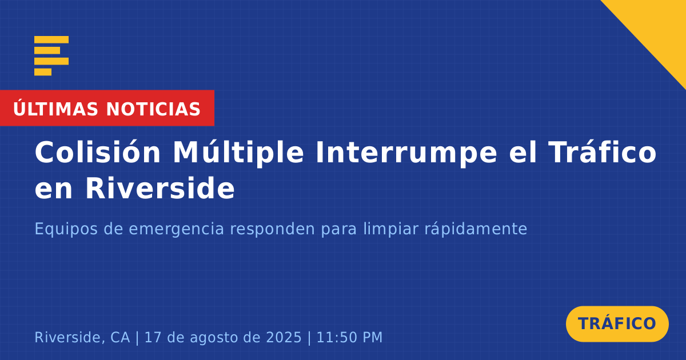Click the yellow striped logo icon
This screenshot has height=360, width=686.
(51, 56)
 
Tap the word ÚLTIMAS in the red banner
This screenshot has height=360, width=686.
(56, 109)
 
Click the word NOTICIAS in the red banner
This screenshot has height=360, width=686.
(153, 109)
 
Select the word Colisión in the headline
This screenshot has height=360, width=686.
(98, 152)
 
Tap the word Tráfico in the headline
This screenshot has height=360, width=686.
(602, 152)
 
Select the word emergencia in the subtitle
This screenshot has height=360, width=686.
(177, 229)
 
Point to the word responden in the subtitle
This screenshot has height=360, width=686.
(273, 229)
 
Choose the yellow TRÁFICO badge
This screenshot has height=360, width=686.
(617, 324)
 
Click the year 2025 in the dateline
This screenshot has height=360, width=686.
(284, 337)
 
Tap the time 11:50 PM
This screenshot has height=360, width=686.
(349, 337)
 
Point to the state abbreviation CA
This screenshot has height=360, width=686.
(120, 337)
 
